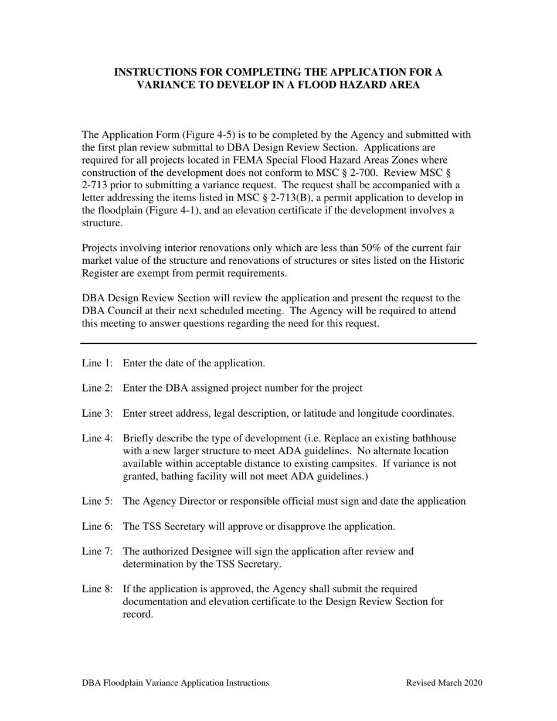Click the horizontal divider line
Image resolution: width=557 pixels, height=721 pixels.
click(x=278, y=343)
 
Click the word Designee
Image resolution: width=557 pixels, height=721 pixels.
click(x=220, y=551)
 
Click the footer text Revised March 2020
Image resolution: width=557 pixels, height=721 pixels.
click(x=444, y=683)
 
